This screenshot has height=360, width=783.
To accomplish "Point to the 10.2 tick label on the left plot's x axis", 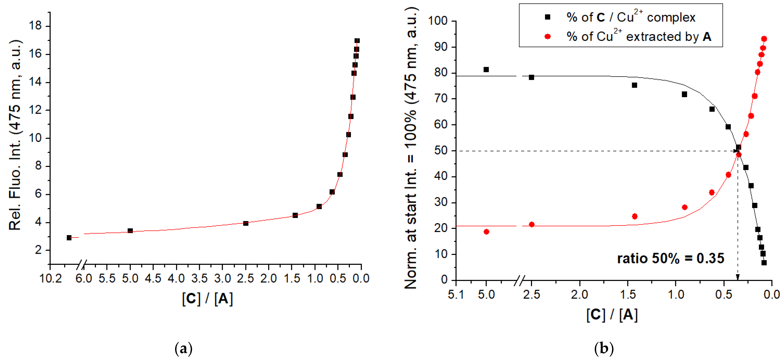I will [x=51, y=278].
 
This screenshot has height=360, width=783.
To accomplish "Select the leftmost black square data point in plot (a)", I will [x=69, y=238].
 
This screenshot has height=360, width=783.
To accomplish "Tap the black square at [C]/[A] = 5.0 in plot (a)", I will [x=130, y=231].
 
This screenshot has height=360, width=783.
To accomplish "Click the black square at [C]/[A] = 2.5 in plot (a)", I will [x=246, y=223].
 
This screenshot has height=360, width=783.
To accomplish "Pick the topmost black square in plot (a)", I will [x=357, y=41].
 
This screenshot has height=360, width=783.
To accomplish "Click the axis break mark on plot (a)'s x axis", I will [x=81, y=265].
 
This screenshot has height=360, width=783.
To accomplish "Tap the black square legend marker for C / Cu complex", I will [x=548, y=17].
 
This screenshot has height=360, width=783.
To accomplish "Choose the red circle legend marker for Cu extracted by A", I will [x=548, y=37].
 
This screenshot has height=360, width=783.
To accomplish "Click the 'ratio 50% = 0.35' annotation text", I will [x=671, y=258].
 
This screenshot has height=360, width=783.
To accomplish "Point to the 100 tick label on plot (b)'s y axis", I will [x=438, y=21].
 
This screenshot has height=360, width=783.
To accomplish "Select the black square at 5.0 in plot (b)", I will [x=486, y=70].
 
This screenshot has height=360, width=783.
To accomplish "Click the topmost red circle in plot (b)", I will [x=764, y=39].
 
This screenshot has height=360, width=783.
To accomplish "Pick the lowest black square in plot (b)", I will [x=764, y=262].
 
